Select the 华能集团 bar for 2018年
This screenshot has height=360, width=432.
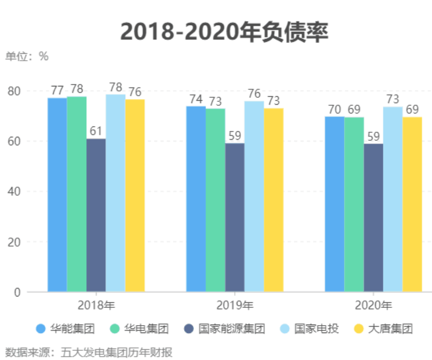tap(57, 195)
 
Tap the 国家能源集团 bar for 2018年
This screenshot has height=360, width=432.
tap(96, 215)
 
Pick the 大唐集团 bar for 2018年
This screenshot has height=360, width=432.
tap(134, 195)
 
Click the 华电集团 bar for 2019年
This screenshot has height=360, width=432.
tap(215, 200)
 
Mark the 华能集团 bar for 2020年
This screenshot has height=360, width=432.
tap(334, 204)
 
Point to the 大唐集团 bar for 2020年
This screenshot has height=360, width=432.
tap(412, 204)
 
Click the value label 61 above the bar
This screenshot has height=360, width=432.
tap(96, 131)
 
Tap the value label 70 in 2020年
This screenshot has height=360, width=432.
tap(334, 109)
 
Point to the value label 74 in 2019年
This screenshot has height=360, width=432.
tap(196, 98)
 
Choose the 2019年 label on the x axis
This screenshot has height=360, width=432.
tap(235, 304)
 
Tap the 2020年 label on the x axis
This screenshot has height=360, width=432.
tap(373, 304)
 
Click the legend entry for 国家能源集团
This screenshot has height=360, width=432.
tap(225, 329)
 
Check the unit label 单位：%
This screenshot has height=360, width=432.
tap(27, 56)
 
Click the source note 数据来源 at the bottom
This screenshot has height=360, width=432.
tap(89, 351)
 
